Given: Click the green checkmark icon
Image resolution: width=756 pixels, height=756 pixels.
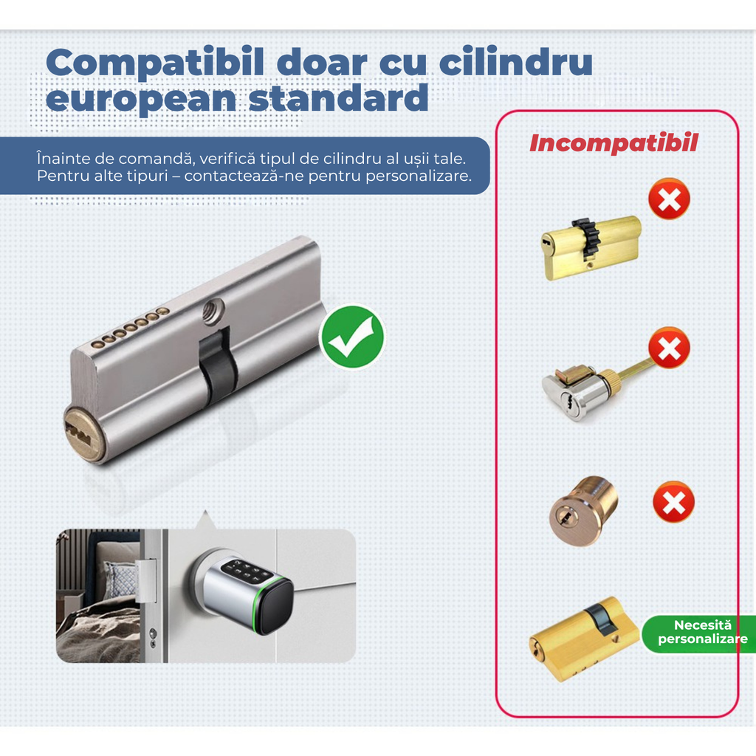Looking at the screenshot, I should (351, 337).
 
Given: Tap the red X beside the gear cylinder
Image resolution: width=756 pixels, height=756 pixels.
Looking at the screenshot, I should (669, 199).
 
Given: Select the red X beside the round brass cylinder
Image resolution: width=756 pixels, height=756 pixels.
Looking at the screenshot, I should (673, 502).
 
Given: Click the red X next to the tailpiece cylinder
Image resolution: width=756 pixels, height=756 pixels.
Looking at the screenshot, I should (669, 348).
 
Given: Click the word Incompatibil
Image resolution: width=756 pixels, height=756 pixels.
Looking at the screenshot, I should (613, 143).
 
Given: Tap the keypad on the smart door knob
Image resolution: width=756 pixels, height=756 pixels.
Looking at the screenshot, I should (245, 572).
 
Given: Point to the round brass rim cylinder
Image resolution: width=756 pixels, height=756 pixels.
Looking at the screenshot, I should (583, 511).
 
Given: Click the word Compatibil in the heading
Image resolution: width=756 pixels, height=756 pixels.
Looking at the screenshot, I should (154, 63).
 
